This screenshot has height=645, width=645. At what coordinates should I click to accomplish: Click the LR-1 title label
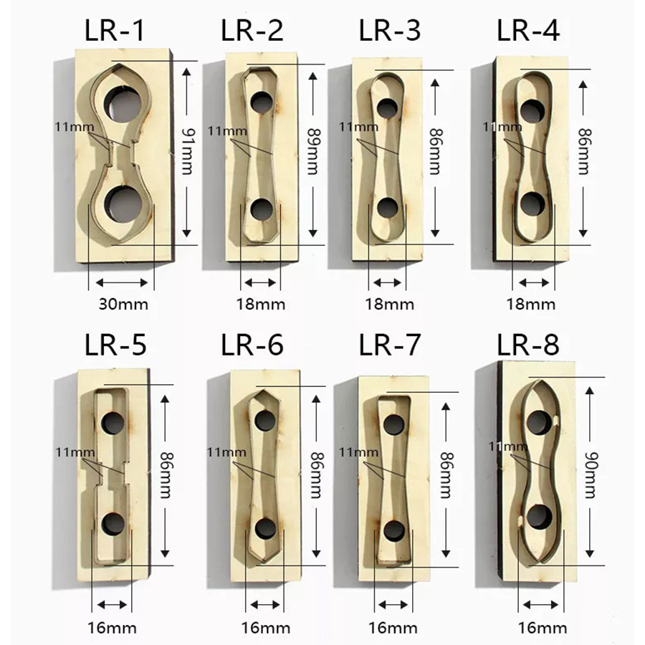115,30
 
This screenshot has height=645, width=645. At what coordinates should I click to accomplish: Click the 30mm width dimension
123,305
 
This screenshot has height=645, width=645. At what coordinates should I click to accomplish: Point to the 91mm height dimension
188,151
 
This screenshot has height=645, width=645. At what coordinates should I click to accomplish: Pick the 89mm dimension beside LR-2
315,151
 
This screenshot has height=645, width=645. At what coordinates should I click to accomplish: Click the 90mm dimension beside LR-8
592,475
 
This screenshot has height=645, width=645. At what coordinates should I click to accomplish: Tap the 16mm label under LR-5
112,628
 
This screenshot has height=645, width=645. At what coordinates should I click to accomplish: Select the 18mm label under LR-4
530,305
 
